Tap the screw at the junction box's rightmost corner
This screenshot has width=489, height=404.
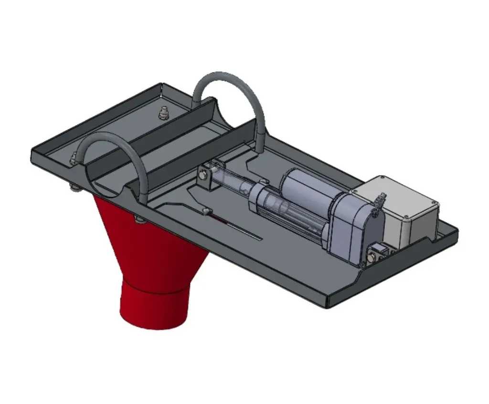pyautogui.click(x=434, y=205)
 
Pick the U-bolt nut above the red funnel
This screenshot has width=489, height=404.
pyautogui.click(x=139, y=219)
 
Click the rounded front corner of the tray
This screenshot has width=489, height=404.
pyautogui.click(x=330, y=302)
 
